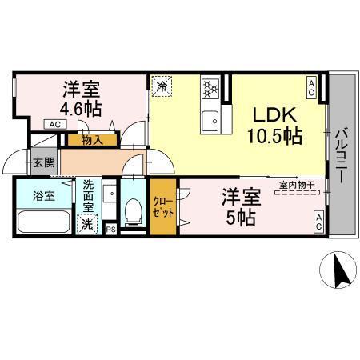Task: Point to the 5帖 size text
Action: (x=239, y=217)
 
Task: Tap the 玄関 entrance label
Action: (x=43, y=162)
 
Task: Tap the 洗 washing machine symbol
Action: (x=86, y=226)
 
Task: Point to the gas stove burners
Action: (x=210, y=87)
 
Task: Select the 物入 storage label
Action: (x=91, y=140)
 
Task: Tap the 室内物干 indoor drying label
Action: (x=296, y=186)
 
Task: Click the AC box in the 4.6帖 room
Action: (x=54, y=125)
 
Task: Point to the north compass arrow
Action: (x=339, y=269)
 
